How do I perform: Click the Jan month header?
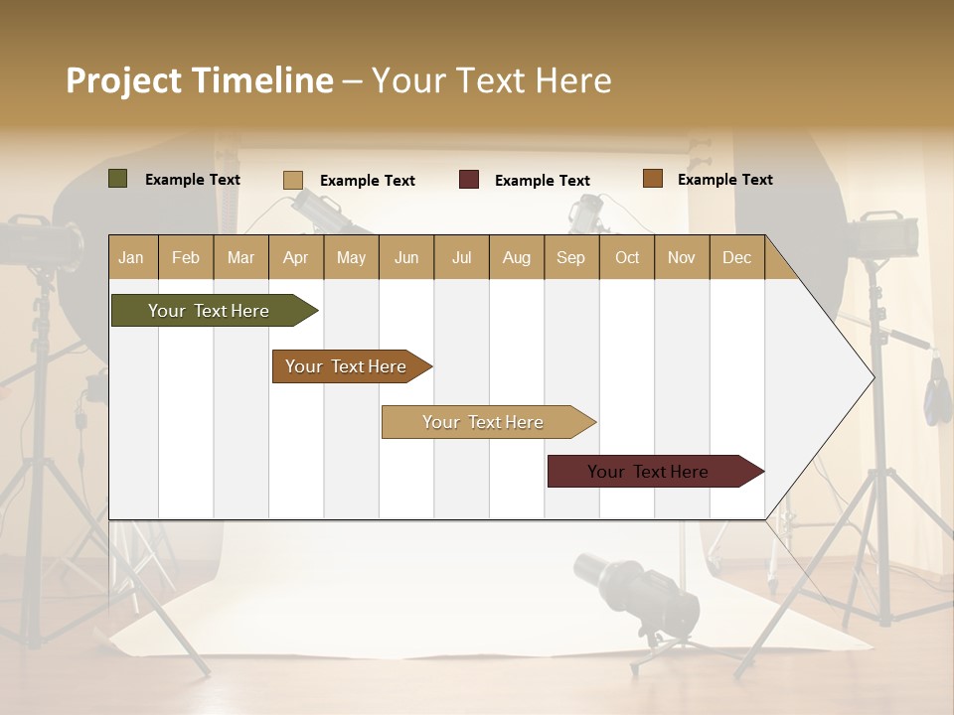click(x=131, y=258)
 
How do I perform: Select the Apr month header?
click(x=295, y=258)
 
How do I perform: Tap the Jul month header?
click(x=461, y=258)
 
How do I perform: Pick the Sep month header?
click(x=570, y=258)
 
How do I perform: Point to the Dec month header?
click(x=736, y=258)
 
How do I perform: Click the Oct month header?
click(x=627, y=258)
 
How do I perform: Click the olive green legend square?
click(x=117, y=179)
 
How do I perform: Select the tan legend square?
click(x=292, y=180)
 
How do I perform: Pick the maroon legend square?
click(x=468, y=180)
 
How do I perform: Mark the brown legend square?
click(x=652, y=179)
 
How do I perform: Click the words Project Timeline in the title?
click(x=199, y=80)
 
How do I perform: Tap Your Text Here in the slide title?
click(x=491, y=80)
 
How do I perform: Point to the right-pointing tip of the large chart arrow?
click(x=872, y=377)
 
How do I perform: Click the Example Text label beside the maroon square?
click(x=542, y=181)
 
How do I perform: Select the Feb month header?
click(x=186, y=258)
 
